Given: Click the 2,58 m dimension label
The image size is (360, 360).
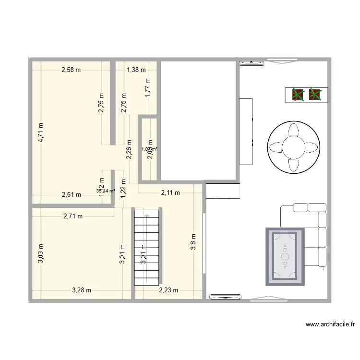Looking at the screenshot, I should [x=71, y=70].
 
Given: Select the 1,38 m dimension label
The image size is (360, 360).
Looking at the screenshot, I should [x=136, y=70].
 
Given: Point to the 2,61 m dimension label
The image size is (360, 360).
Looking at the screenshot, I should [x=71, y=194].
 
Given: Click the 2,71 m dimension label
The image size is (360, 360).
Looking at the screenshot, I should [x=73, y=216].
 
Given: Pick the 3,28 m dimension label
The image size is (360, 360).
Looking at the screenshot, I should [x=82, y=290].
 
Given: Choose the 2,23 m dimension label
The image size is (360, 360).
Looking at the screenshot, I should [x=168, y=290].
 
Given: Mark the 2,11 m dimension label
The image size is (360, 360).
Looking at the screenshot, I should [x=170, y=193].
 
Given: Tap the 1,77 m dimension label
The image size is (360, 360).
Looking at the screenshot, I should [x=148, y=87].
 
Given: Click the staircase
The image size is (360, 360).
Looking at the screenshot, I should [x=147, y=248].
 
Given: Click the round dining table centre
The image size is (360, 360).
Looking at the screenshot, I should [x=293, y=147].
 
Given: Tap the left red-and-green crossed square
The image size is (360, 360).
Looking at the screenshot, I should [x=298, y=95].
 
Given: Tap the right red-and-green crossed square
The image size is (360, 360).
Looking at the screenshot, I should [x=315, y=95].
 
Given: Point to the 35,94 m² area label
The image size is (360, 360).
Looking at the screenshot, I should [x=106, y=191].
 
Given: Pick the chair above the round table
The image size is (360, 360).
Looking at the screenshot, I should [x=293, y=130].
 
